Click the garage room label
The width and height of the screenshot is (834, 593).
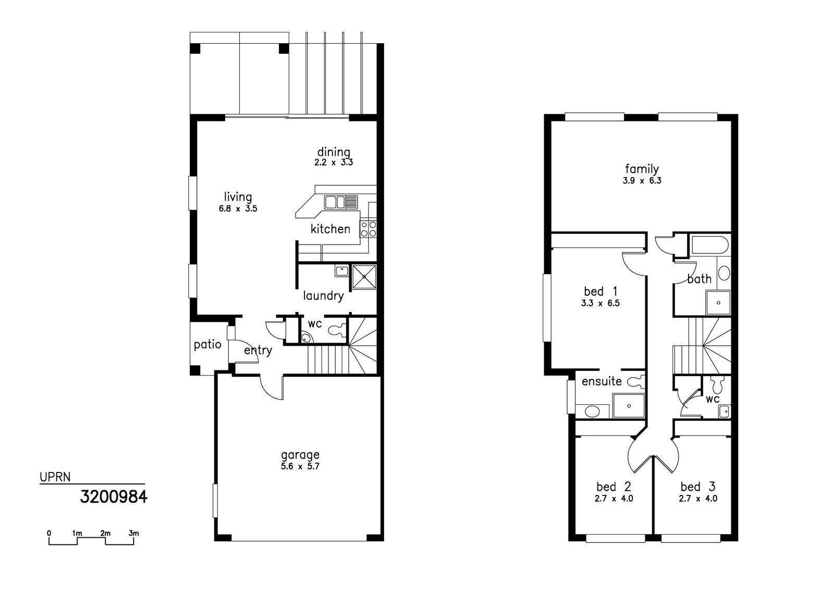coord(300,455)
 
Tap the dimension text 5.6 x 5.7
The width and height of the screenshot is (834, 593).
coord(300,467)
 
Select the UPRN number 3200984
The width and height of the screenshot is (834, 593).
coord(114,497)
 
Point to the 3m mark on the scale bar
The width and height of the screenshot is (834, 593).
coord(133,534)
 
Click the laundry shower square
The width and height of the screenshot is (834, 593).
coord(364,276)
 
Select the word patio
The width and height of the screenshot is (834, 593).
coord(207,344)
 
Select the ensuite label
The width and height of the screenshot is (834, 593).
coord(602,381)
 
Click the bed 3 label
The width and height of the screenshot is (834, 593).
coord(697,487)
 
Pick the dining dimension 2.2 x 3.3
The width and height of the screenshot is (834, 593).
coord(334,162)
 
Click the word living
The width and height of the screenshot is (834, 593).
coord(238,197)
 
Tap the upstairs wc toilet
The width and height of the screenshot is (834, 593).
coord(718,385)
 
